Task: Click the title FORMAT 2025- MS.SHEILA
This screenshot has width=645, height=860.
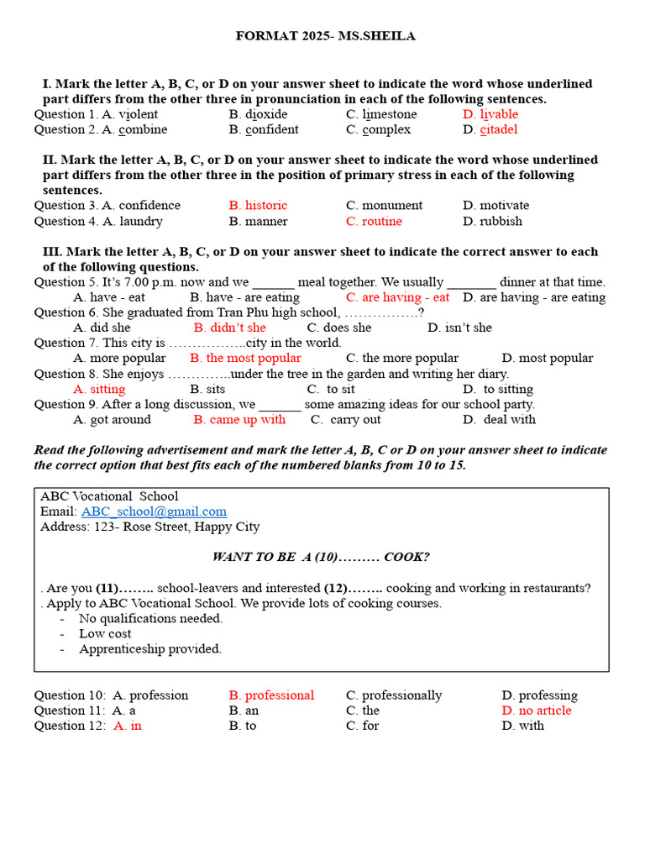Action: pyautogui.click(x=325, y=36)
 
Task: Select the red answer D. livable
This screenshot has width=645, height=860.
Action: pyautogui.click(x=490, y=114)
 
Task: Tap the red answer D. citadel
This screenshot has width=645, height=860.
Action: pyautogui.click(x=490, y=129)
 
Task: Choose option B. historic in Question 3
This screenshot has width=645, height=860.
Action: pyautogui.click(x=258, y=206)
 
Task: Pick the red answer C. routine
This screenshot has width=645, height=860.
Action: pyautogui.click(x=374, y=222)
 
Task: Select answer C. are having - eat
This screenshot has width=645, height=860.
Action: pyautogui.click(x=397, y=297)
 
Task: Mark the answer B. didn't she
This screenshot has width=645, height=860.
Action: pyautogui.click(x=229, y=328)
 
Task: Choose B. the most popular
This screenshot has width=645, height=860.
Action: pyautogui.click(x=245, y=359)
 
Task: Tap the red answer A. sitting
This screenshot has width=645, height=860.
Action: pyautogui.click(x=99, y=390)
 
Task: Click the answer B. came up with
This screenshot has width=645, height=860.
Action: pyautogui.click(x=239, y=420)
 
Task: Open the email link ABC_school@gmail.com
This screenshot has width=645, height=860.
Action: pyautogui.click(x=154, y=511)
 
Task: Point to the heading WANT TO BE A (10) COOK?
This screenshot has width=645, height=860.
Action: pyautogui.click(x=321, y=557)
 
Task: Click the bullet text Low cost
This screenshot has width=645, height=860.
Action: pyautogui.click(x=105, y=634)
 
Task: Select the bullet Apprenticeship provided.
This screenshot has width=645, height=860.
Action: pyautogui.click(x=150, y=649)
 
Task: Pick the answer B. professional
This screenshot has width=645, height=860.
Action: pyautogui.click(x=271, y=695)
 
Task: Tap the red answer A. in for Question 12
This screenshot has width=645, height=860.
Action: pyautogui.click(x=128, y=726)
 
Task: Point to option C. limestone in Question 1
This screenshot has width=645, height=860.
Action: pyautogui.click(x=381, y=114)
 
